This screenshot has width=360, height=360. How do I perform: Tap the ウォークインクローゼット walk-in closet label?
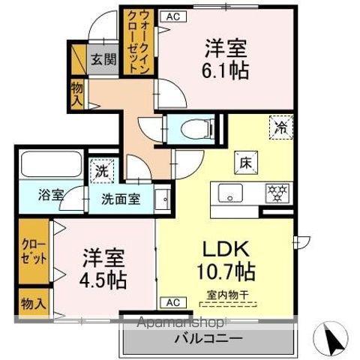click(x=133, y=41)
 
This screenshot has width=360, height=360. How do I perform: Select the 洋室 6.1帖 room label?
click(x=226, y=61)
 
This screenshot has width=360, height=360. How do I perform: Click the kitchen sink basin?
click(x=229, y=191)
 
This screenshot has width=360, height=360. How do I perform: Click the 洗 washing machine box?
click(x=100, y=169)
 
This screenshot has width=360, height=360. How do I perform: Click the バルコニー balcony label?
click(x=208, y=339)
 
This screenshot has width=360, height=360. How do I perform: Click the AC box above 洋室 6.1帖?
click(x=172, y=16)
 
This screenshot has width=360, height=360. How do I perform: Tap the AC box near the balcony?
click(x=172, y=303)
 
